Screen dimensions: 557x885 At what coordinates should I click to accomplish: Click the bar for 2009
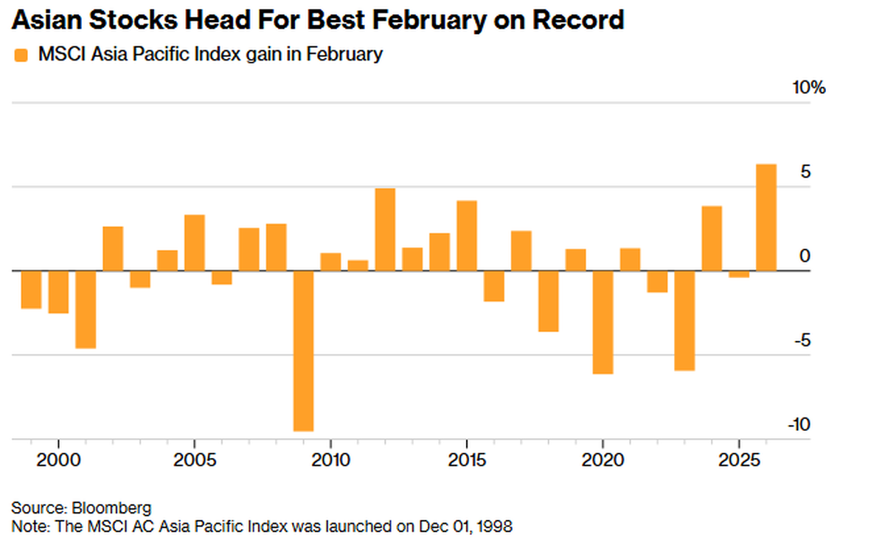click(303, 350)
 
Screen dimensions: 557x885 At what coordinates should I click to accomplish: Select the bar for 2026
click(766, 217)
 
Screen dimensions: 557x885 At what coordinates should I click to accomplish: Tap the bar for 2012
click(385, 229)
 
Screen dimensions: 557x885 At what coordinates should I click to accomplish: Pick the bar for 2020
click(603, 322)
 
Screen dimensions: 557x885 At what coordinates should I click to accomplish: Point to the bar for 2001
click(86, 309)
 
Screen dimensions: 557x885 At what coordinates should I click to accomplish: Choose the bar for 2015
click(467, 235)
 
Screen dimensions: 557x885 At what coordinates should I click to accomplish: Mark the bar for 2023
click(684, 320)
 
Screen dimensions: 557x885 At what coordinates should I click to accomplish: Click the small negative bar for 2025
click(739, 274)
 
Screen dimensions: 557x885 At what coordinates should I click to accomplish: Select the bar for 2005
click(194, 243)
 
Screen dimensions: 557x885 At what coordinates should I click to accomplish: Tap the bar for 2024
click(712, 238)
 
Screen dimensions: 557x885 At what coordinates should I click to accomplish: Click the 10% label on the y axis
click(809, 89)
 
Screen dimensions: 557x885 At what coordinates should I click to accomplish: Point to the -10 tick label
click(799, 425)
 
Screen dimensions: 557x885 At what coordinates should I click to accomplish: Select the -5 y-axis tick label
click(802, 341)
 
